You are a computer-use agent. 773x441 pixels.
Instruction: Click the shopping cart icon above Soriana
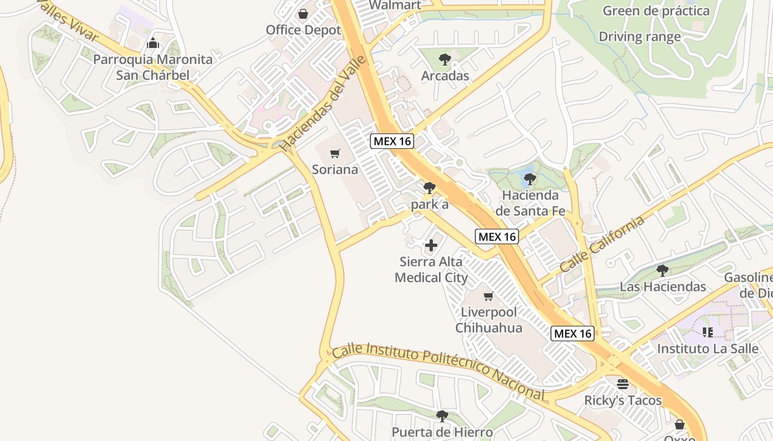[x=335, y=153]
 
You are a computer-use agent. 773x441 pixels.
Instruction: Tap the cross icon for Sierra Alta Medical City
[x=431, y=245]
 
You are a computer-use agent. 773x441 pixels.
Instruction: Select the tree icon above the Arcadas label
[x=444, y=60]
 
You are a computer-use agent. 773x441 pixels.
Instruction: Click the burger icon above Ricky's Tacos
[x=623, y=384]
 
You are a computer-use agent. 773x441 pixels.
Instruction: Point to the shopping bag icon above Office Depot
[x=303, y=14]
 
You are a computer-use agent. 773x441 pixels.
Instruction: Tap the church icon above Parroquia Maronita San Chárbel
[x=152, y=43]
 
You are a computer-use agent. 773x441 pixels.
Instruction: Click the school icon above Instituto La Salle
[x=707, y=332]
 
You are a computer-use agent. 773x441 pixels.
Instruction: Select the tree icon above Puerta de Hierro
[x=442, y=416]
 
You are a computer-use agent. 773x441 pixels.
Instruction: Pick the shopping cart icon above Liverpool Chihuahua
[x=488, y=297]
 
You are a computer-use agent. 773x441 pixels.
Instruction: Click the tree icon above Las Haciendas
[x=663, y=270]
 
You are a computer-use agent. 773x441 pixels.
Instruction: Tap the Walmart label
[x=395, y=6]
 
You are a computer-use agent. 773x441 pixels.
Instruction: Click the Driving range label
[x=639, y=37]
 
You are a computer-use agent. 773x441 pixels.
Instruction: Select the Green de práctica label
[x=656, y=10]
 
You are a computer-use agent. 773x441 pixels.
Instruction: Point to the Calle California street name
[x=602, y=243]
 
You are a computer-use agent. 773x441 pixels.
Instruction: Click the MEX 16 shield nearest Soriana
[x=391, y=141]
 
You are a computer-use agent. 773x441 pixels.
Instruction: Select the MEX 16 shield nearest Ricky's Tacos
[x=573, y=334]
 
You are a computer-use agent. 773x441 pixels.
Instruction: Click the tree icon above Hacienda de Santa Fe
[x=530, y=179]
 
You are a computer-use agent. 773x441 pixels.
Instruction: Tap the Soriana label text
[x=335, y=169]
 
